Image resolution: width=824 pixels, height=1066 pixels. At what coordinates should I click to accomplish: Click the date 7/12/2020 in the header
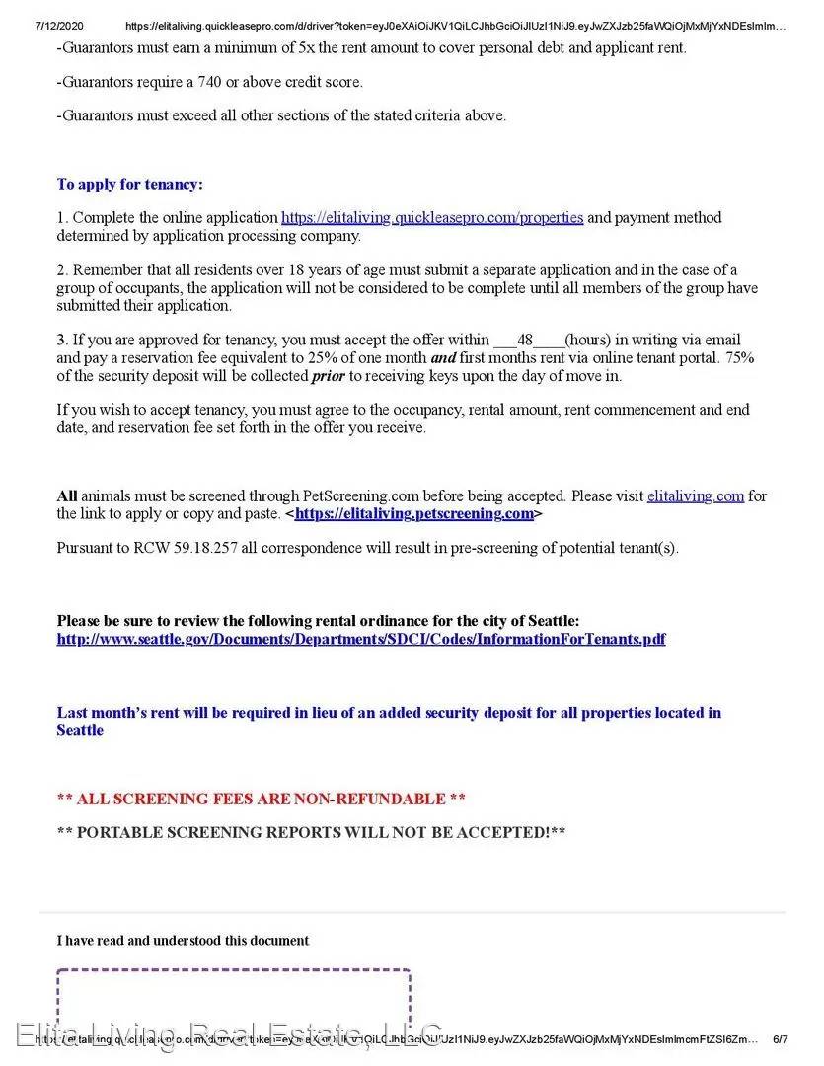[34, 27]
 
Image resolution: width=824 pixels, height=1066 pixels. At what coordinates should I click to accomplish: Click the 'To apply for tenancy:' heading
[129, 184]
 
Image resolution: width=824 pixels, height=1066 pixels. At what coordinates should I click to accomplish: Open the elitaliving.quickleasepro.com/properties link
[432, 217]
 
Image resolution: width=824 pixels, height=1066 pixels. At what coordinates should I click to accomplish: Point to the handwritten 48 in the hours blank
[525, 340]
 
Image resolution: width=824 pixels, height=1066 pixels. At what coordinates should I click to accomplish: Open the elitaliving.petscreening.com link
[414, 514]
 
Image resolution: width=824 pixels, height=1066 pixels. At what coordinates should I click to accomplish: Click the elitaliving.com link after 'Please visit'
[695, 495]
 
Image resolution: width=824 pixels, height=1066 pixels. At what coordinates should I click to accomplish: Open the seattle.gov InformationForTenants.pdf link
[361, 639]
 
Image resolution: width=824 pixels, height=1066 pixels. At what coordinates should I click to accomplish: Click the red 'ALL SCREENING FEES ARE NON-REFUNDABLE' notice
[262, 799]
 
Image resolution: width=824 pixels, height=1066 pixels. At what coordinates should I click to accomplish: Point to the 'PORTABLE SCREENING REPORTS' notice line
[311, 832]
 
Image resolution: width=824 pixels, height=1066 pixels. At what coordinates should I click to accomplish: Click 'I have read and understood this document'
[183, 941]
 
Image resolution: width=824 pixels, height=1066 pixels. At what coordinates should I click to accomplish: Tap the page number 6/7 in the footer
[780, 1039]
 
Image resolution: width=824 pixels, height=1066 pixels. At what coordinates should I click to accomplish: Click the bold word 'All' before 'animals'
[67, 495]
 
